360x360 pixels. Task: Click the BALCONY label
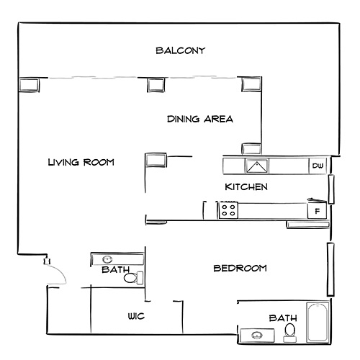[x=181, y=51]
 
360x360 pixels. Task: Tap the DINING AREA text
[x=199, y=119]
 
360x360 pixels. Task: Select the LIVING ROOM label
[x=81, y=162]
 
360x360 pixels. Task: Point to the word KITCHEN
[x=246, y=187]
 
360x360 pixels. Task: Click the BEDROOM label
[x=240, y=269]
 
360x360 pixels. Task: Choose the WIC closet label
[x=138, y=315]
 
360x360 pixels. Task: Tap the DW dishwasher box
[x=317, y=166]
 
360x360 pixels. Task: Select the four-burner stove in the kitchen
[x=229, y=210]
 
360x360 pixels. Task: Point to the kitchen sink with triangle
[x=256, y=166]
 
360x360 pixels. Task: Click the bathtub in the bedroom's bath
[x=317, y=323]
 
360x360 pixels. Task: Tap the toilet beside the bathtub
[x=290, y=330]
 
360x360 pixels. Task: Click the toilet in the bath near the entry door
[x=132, y=276]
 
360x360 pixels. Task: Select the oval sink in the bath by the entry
[x=107, y=259]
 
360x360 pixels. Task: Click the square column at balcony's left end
[x=30, y=84]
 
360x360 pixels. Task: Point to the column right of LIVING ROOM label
[x=155, y=159]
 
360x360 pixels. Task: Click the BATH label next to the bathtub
[x=282, y=318]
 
